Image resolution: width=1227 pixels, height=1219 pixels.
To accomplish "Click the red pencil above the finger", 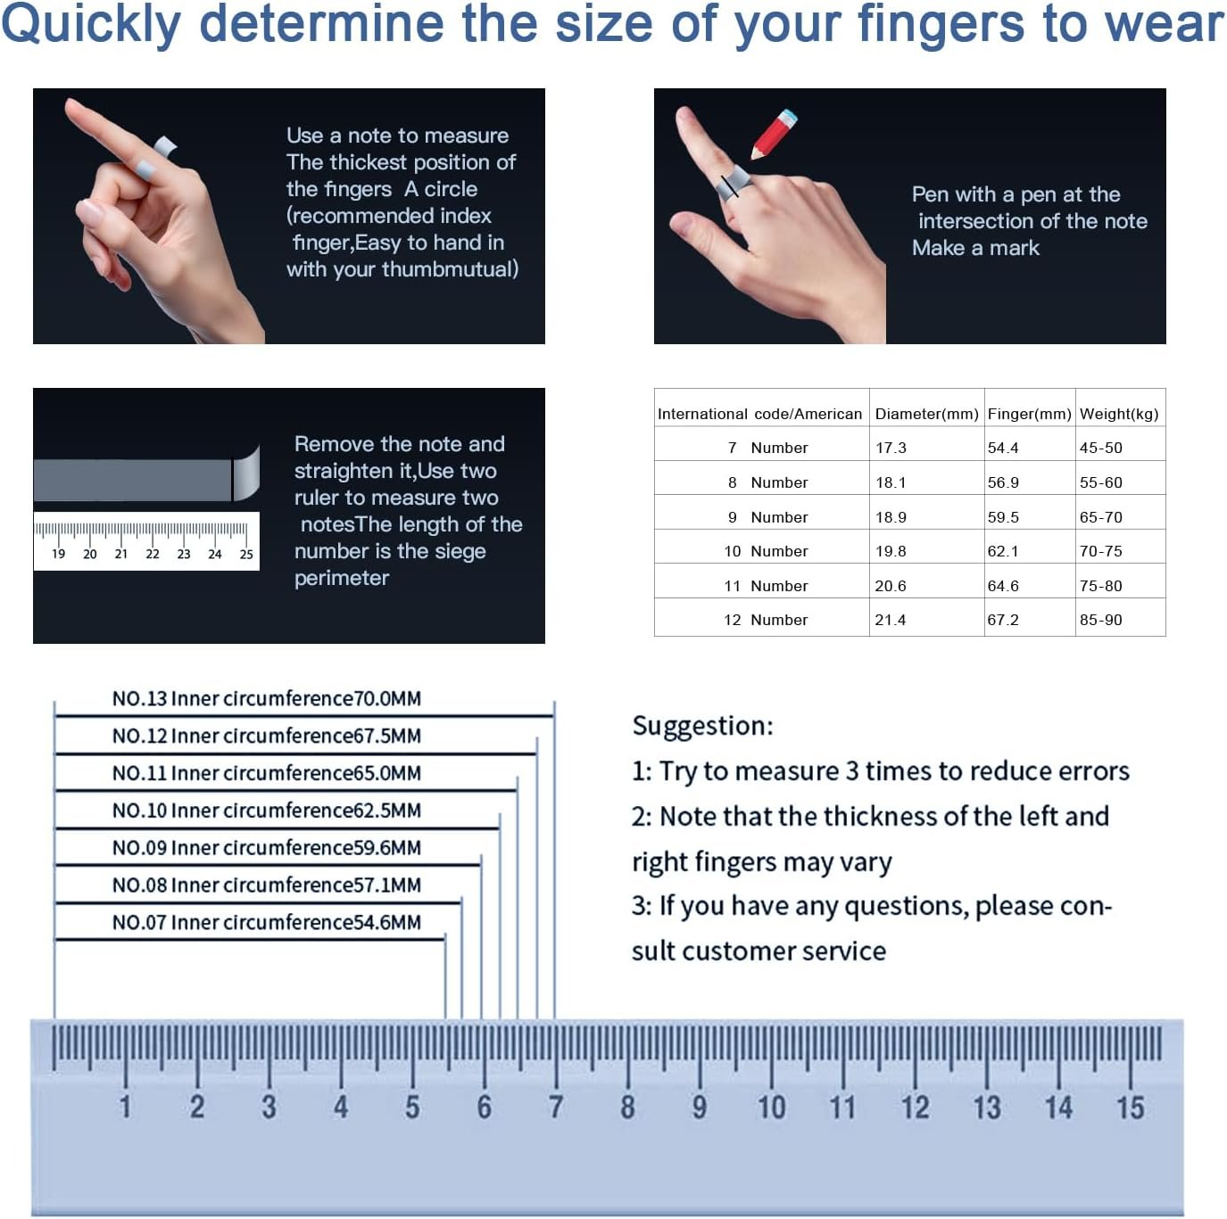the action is [774, 134].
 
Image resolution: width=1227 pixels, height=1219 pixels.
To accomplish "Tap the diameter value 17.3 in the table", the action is [891, 448].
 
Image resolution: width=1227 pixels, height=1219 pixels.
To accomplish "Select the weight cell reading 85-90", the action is [1100, 620].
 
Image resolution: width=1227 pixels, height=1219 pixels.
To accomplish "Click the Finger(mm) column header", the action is [1029, 414].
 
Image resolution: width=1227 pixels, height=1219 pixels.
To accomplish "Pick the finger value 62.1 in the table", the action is [1003, 550].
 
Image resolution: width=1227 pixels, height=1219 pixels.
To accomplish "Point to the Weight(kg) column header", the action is [1119, 414].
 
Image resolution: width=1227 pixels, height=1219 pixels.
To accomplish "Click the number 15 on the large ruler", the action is [1130, 1107].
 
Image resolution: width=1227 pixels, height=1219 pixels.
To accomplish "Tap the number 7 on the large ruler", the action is [555, 1107].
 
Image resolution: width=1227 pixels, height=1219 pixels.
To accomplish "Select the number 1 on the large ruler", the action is [126, 1107].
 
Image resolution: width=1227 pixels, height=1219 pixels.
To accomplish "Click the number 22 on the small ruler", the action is [153, 554].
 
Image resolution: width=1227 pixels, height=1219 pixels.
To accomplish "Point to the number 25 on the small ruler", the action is [246, 554].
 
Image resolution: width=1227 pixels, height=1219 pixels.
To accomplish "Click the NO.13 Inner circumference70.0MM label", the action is [266, 698].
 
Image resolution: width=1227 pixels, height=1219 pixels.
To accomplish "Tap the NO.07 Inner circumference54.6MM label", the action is [266, 922].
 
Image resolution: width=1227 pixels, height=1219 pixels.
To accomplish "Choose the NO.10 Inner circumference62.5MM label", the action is [266, 810].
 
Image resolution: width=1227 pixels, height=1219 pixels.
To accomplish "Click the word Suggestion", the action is [702, 726].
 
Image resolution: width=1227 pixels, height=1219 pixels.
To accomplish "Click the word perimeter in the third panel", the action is [341, 578].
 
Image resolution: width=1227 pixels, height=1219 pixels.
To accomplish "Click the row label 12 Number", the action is [766, 620].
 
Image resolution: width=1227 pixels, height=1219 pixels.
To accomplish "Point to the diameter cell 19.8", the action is [891, 550].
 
